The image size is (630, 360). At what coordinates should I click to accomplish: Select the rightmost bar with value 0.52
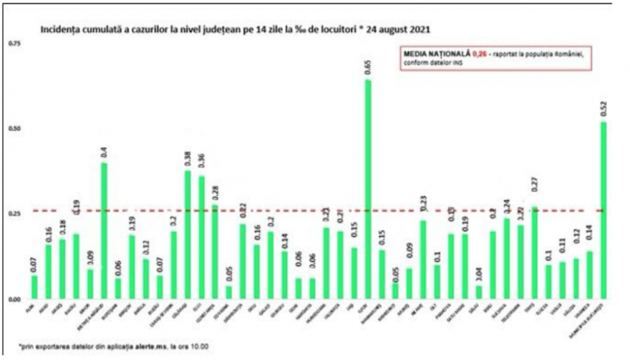pyautogui.click(x=604, y=210)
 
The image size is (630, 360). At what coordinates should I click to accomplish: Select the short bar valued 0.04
pyautogui.click(x=479, y=292)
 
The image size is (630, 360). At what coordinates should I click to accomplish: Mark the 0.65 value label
pyautogui.click(x=368, y=67)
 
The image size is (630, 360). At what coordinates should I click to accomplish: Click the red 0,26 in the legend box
pyautogui.click(x=480, y=54)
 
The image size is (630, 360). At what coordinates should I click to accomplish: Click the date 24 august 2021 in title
pyautogui.click(x=401, y=31)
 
